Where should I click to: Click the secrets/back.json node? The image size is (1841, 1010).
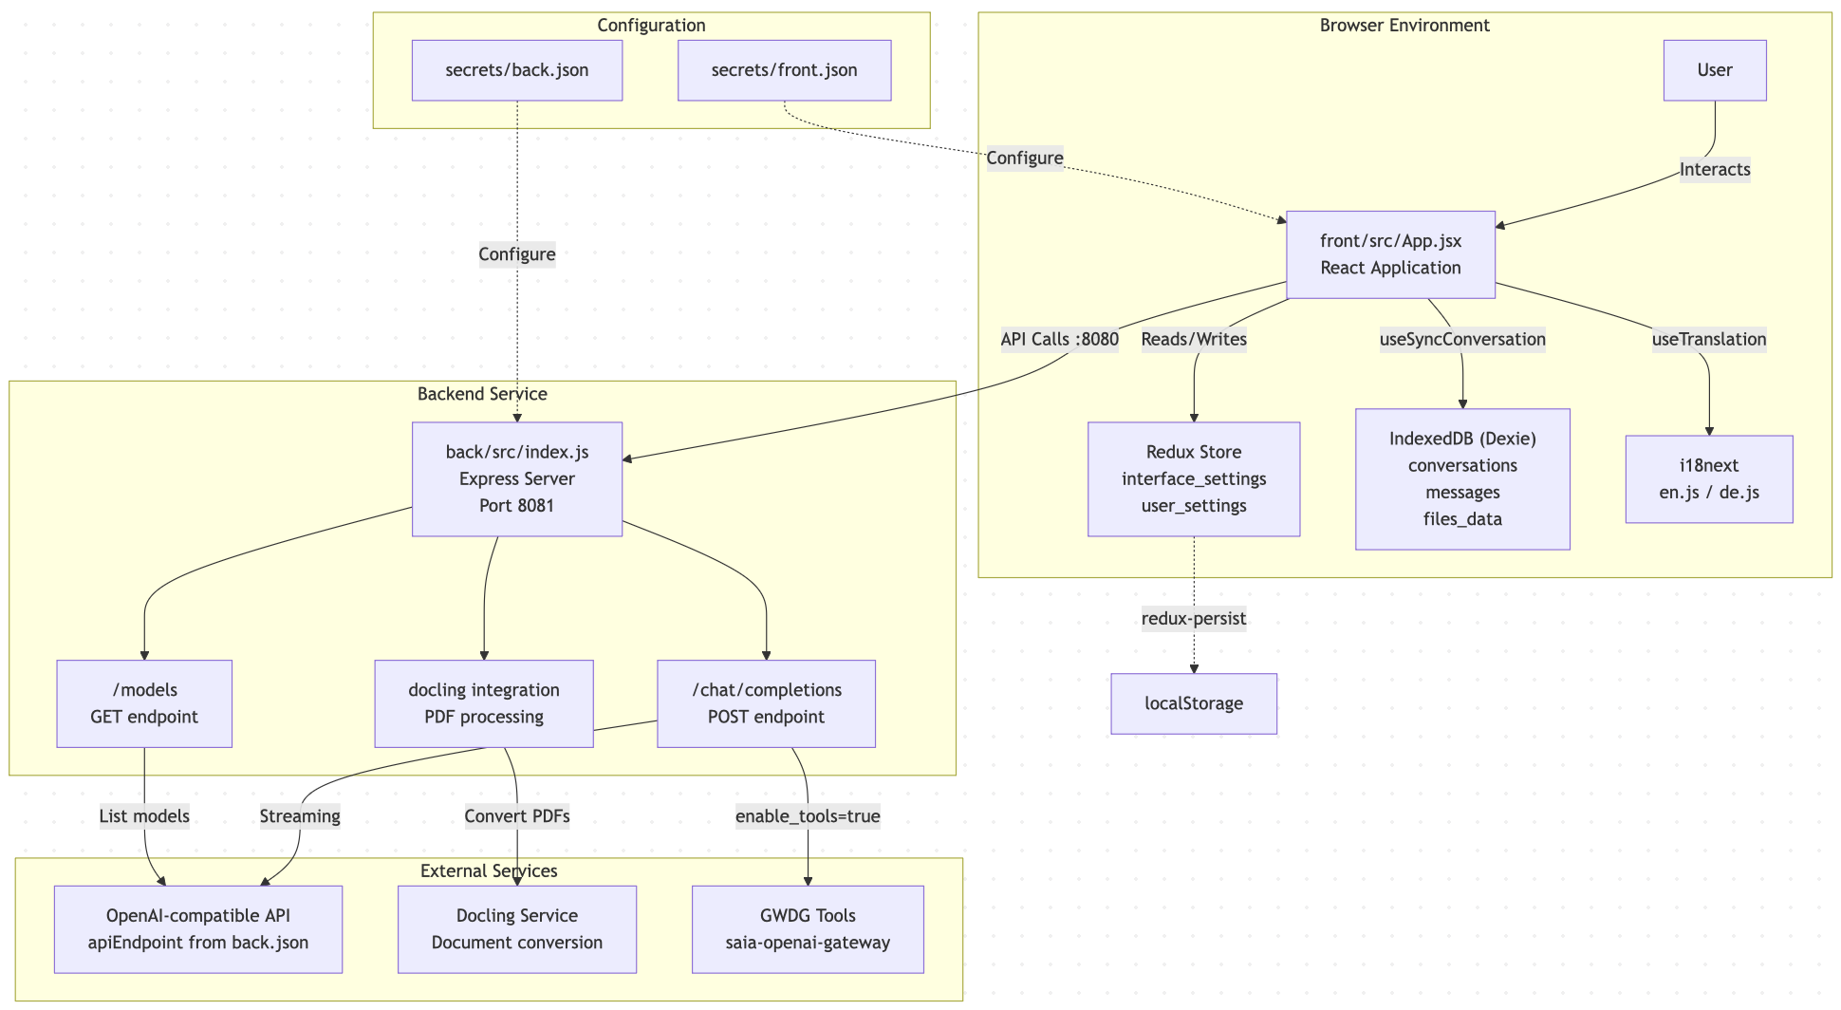[517, 70]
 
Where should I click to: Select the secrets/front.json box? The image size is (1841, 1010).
[784, 70]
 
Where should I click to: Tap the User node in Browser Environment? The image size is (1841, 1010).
[1714, 70]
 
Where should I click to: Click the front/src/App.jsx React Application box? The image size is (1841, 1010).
[1390, 254]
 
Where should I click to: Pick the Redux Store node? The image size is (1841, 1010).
[1193, 478]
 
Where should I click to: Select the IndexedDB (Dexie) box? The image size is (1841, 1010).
[1461, 478]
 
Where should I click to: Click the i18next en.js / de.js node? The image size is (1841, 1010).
[1708, 478]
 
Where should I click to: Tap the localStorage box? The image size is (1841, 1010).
[1193, 703]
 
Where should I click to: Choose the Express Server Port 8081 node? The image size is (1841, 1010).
[517, 478]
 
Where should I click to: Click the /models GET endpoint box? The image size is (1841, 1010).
[144, 703]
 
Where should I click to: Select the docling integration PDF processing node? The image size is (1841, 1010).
[484, 703]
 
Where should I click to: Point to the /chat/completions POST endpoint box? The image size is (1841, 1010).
[766, 703]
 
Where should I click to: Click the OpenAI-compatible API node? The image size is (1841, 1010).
[197, 929]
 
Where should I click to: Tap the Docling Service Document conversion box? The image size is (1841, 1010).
[517, 929]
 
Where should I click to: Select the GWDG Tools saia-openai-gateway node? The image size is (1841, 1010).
[808, 929]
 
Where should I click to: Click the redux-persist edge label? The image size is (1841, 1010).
[1193, 619]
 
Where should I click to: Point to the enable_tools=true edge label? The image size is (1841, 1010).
[808, 816]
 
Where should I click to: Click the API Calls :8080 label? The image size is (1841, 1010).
[1059, 339]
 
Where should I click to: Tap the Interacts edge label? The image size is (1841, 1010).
[1714, 170]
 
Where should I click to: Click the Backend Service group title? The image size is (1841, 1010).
[482, 394]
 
